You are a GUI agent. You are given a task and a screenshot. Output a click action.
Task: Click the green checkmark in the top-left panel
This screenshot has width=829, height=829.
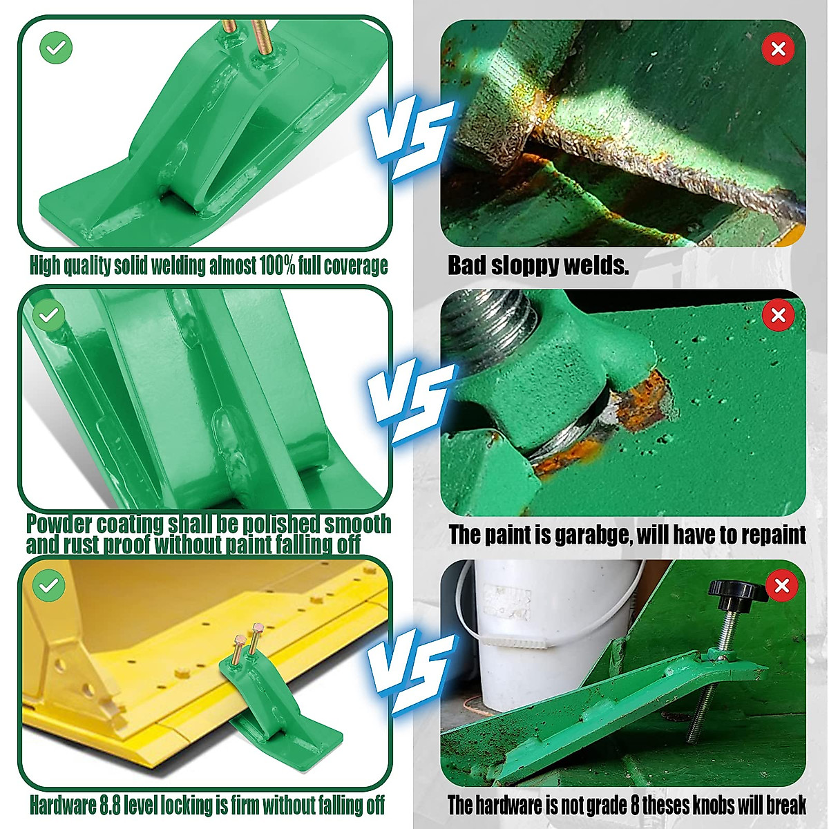56,48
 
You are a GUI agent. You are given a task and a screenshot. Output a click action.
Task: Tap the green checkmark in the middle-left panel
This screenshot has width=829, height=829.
48,316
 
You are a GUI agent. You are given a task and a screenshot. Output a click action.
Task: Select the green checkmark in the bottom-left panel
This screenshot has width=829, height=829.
48,586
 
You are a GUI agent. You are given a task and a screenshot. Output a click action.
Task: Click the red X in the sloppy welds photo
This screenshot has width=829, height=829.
778,49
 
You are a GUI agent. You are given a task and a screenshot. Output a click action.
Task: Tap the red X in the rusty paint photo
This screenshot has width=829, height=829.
779,315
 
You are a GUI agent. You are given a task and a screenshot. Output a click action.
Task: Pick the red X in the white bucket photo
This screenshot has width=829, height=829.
782,586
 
